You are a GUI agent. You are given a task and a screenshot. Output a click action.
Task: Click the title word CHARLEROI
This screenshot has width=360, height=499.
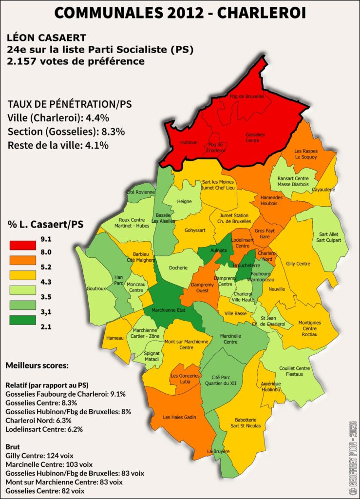click(261, 13)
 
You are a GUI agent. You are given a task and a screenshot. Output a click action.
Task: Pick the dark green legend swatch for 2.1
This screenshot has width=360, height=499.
click(22, 320)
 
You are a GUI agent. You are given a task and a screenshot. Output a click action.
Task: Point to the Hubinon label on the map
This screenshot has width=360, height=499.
click(189, 142)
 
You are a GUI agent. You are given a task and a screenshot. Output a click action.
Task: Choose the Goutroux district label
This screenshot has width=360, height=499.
click(96, 288)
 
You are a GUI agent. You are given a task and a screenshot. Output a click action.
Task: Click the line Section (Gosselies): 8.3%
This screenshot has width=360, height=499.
click(66, 132)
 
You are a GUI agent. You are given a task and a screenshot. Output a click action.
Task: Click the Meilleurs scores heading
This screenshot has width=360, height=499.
click(37, 365)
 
